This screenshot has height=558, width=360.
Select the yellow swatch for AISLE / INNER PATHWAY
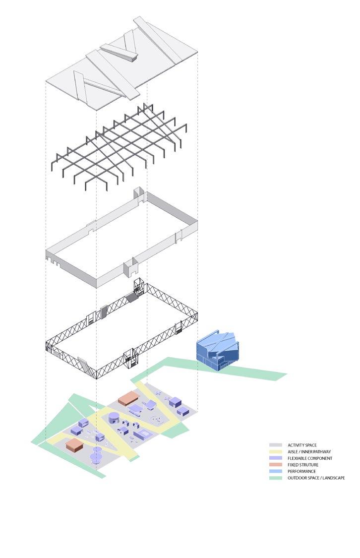[276, 452]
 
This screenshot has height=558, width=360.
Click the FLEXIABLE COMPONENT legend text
[309, 458]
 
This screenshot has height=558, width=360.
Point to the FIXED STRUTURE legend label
[303, 465]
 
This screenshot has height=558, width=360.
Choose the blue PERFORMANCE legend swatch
[276, 471]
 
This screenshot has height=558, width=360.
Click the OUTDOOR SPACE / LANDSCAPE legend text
[316, 478]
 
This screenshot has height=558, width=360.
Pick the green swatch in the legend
[276, 478]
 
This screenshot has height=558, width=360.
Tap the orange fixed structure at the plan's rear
[128, 399]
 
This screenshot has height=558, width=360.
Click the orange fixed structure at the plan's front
[74, 444]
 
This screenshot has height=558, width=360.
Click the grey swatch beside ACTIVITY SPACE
[276, 445]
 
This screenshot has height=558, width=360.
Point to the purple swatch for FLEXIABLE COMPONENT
[276, 458]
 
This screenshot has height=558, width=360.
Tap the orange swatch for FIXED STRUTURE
[276, 465]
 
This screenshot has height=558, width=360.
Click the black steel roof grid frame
[121, 146]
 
